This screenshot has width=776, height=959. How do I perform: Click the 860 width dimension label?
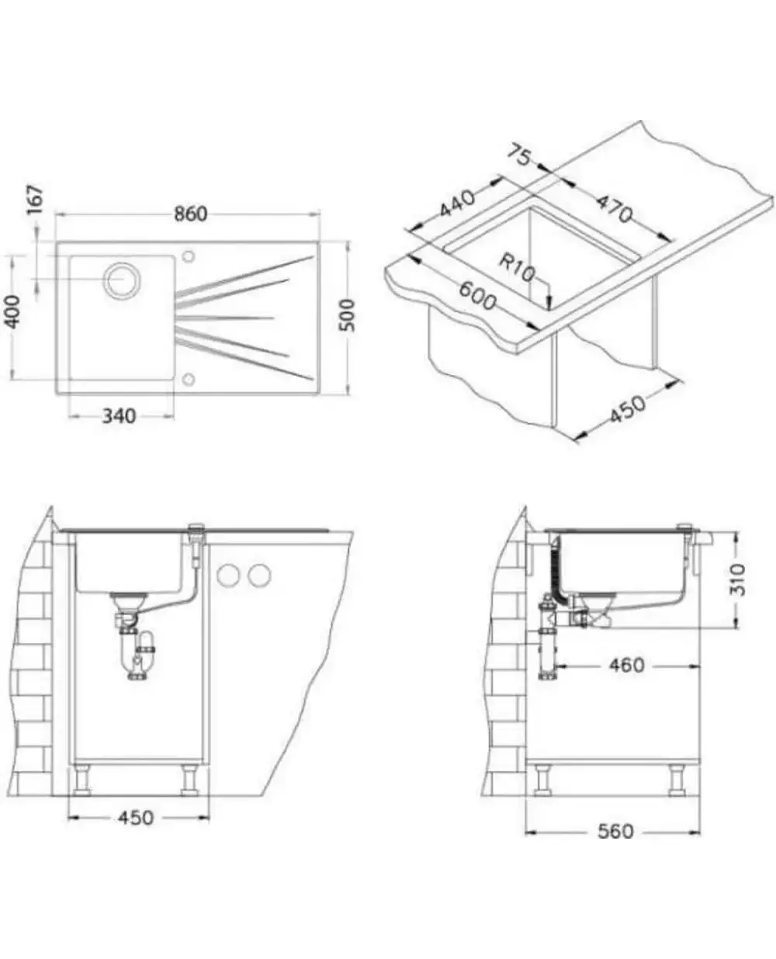point(191,214)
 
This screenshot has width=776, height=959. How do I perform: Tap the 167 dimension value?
point(36,200)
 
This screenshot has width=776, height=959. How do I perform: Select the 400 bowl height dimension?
point(12,311)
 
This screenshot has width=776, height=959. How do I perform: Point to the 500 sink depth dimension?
point(347,315)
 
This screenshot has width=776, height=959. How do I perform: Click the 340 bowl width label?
point(120,416)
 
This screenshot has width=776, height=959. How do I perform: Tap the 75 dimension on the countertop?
point(521,155)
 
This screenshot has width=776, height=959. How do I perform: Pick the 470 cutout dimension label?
point(615,208)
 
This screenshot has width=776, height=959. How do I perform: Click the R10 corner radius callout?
point(518,268)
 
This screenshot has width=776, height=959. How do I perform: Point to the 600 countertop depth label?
point(477,295)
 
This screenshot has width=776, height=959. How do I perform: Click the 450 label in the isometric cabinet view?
point(627,409)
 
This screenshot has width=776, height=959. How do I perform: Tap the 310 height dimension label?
point(738,579)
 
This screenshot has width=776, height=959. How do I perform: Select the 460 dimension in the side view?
point(627,665)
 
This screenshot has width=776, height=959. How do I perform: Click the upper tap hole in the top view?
point(189,256)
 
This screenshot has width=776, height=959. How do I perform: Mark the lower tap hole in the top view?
point(189,379)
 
